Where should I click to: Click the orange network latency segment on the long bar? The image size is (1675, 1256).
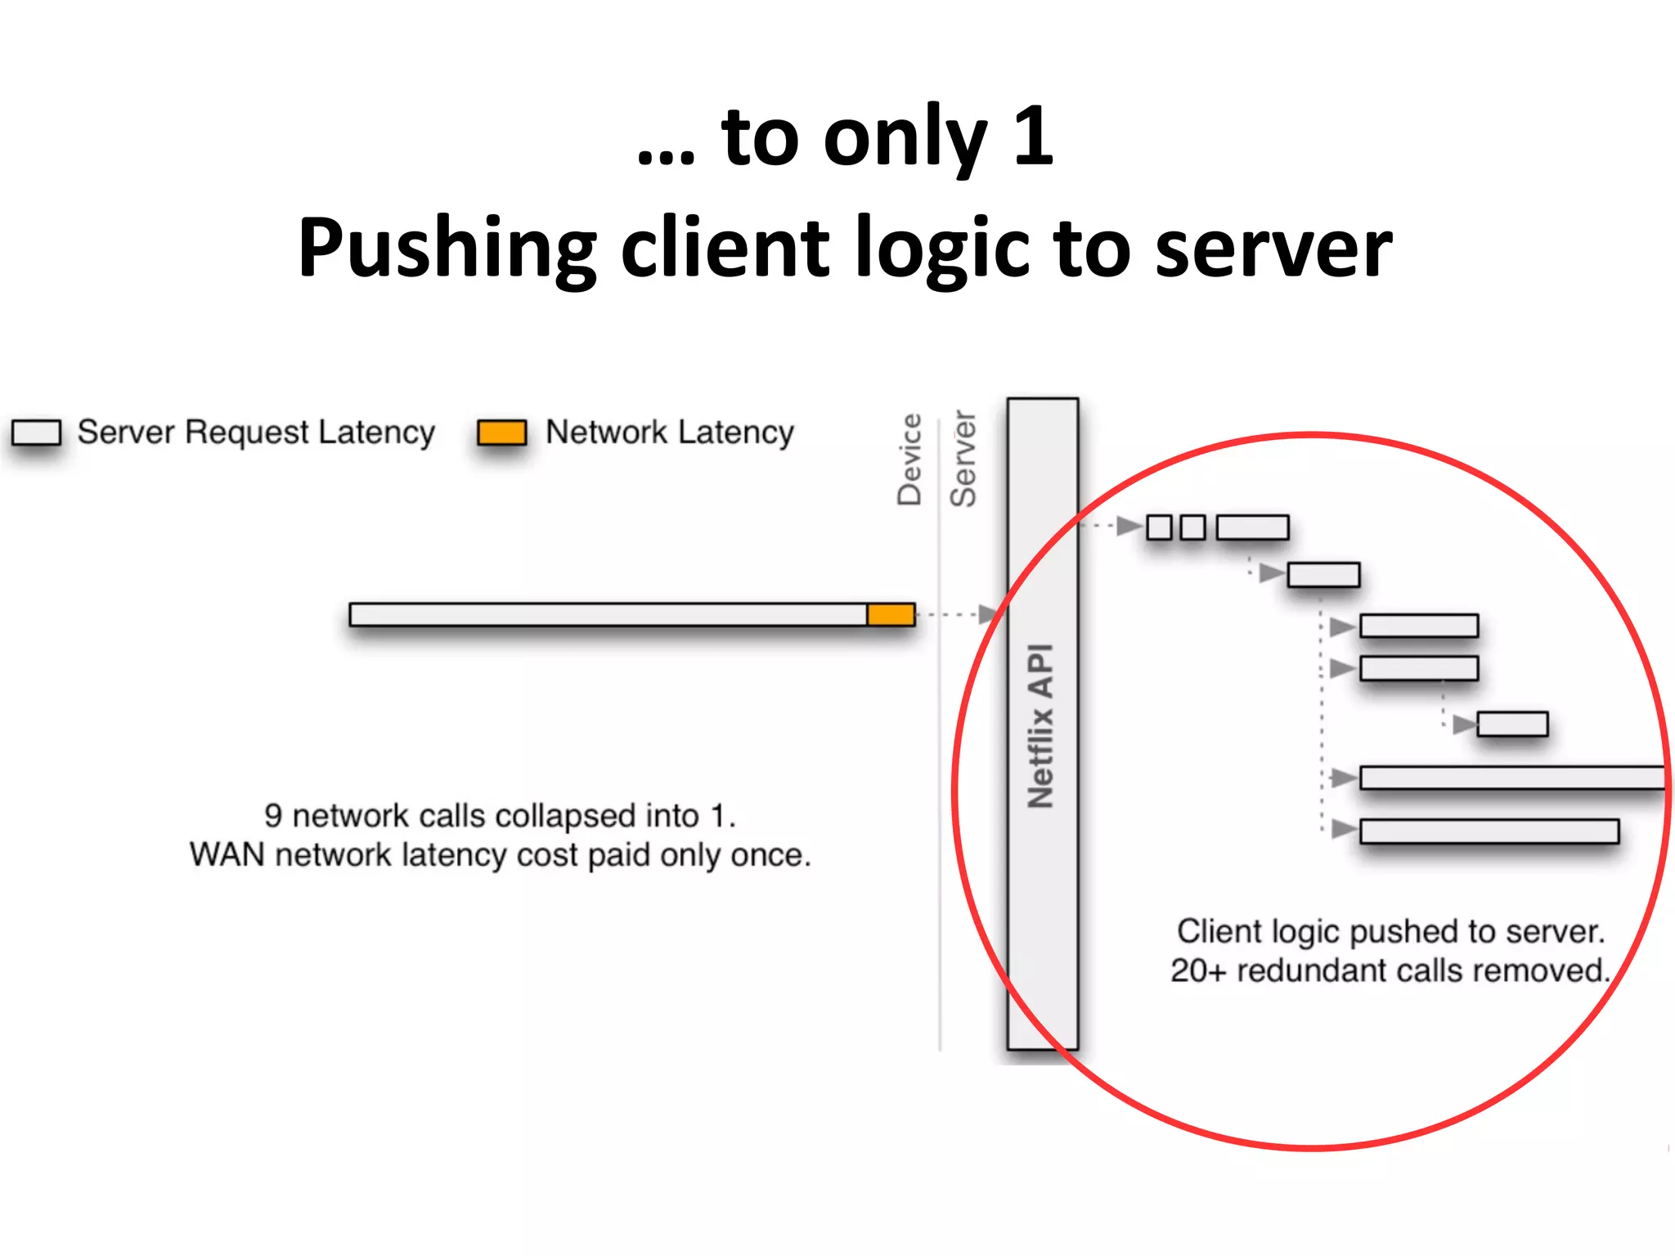coord(891,614)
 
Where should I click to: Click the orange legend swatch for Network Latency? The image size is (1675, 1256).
coord(501,433)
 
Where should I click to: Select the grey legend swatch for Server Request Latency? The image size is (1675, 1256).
coord(37,433)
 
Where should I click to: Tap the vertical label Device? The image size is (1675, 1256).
coord(909,460)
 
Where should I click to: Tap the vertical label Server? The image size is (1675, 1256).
coord(963,460)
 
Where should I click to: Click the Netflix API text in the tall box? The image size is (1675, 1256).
coord(1041,725)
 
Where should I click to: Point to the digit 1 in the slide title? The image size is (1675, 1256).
coord(1033,137)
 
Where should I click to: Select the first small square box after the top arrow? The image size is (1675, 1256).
coord(1159,527)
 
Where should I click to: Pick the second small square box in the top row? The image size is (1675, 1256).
coord(1193,527)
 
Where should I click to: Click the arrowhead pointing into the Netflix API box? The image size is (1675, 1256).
coord(989,614)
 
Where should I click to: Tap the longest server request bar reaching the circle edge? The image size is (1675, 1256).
coord(1511,778)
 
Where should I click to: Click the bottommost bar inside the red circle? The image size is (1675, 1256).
coord(1489,832)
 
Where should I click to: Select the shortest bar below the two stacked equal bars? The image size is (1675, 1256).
coord(1512,724)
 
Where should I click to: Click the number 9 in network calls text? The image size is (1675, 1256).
coord(273,816)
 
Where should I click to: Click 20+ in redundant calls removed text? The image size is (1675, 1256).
coord(1198,971)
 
